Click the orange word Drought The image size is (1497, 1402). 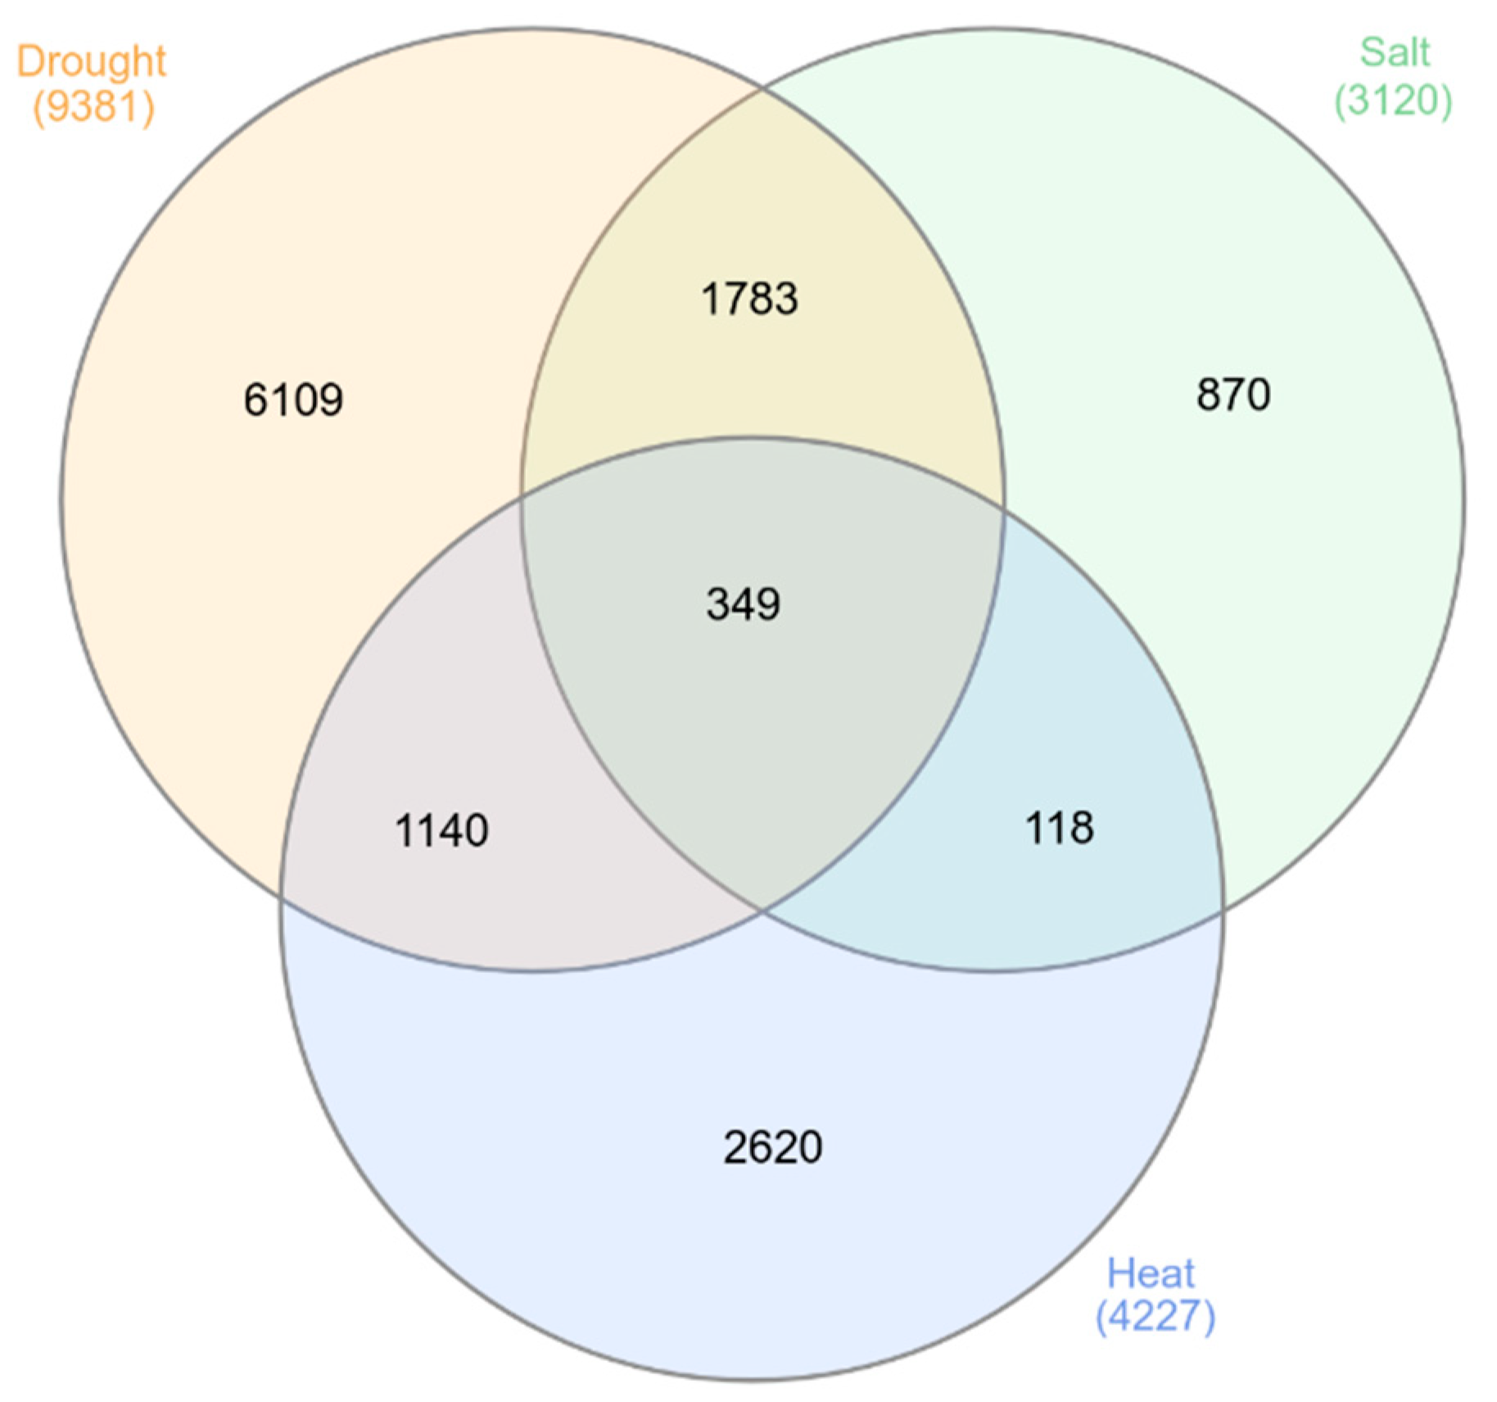[92, 62]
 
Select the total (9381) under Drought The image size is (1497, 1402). [93, 106]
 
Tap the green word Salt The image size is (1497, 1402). [1395, 53]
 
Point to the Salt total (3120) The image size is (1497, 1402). [1393, 100]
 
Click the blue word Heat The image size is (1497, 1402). [1151, 1273]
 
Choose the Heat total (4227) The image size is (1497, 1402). [1155, 1316]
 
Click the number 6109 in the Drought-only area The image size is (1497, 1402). [293, 400]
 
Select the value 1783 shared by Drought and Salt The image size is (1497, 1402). [749, 299]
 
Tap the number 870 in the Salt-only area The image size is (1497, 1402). [1233, 395]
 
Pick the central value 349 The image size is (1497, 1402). [744, 604]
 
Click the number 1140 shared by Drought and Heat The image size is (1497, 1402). [442, 830]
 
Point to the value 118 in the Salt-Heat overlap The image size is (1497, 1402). [1060, 828]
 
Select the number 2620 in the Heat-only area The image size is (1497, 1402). [772, 1146]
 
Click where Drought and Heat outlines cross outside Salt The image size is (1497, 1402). [282, 898]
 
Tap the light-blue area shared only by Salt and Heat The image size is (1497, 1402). [1089, 737]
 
